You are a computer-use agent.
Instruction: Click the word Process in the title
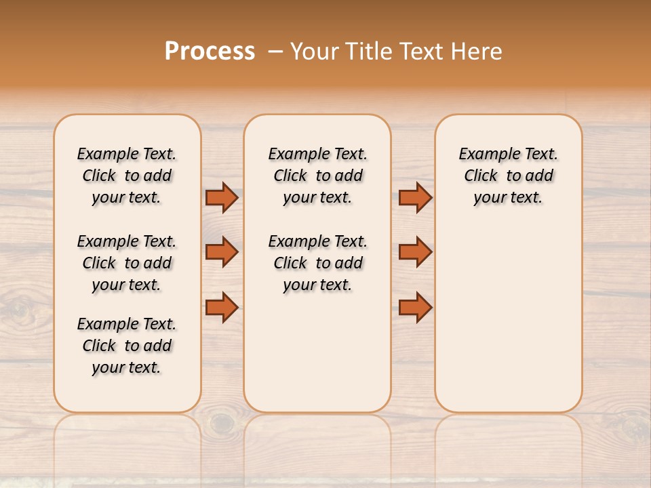tap(210, 51)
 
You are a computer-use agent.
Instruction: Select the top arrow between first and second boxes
tap(222, 197)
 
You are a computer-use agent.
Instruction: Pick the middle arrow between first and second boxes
tap(222, 252)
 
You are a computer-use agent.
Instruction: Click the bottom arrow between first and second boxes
tap(222, 308)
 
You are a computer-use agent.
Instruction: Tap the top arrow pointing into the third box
tap(415, 197)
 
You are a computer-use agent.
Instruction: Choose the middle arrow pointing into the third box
tap(415, 252)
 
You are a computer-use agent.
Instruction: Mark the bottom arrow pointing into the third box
tap(415, 308)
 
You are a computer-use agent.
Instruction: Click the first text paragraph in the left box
tap(127, 176)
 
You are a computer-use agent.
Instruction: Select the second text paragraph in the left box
tap(127, 263)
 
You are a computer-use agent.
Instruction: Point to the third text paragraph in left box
tap(127, 346)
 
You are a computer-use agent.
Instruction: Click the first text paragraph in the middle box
tap(317, 176)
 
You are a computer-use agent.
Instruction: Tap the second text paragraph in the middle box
tap(317, 263)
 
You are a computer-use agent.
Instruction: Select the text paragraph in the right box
tap(508, 176)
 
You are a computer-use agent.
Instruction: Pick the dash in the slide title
tap(275, 52)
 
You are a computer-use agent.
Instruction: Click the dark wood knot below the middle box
tap(222, 424)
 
